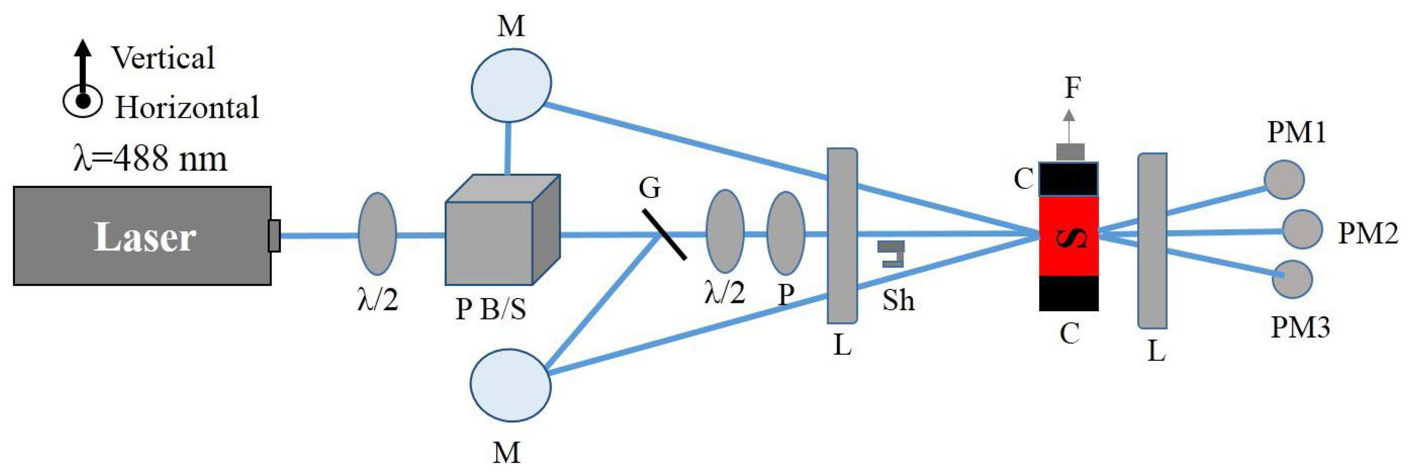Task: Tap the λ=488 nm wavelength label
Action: [150, 159]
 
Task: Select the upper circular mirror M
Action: [511, 84]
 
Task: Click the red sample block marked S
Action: [1069, 236]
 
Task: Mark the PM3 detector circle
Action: [1292, 279]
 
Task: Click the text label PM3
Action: [1300, 327]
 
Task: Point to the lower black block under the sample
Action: [1069, 293]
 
